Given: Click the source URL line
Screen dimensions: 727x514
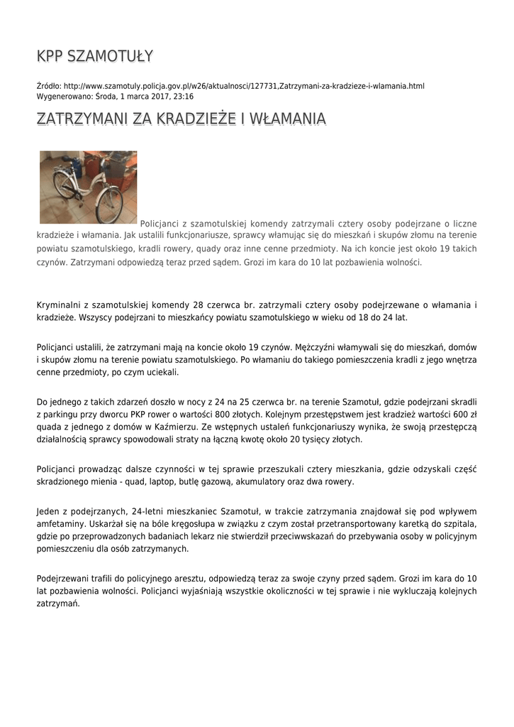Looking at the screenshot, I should [230, 86].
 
